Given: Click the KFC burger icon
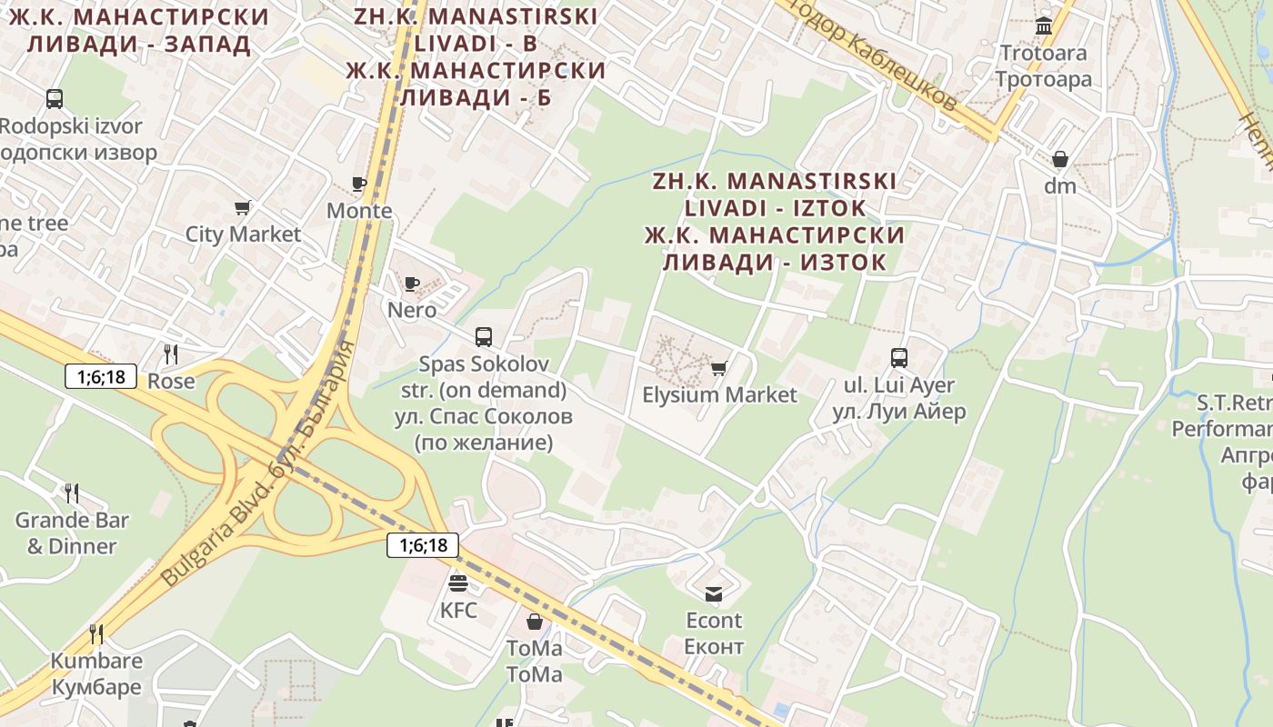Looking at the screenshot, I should pyautogui.click(x=458, y=583).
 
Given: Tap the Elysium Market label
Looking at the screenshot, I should pyautogui.click(x=719, y=395).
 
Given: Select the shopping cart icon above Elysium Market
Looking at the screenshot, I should pyautogui.click(x=719, y=368).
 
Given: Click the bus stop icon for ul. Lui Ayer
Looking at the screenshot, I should pyautogui.click(x=899, y=358).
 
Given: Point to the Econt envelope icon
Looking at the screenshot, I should pyautogui.click(x=714, y=594).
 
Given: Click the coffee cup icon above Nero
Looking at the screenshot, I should pyautogui.click(x=412, y=284).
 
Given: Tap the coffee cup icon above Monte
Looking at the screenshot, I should pyautogui.click(x=359, y=184).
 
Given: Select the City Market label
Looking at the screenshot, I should pyautogui.click(x=243, y=234).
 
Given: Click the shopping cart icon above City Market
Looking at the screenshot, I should pyautogui.click(x=243, y=208).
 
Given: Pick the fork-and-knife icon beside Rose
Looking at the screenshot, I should pyautogui.click(x=171, y=354).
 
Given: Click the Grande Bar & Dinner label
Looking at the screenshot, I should pyautogui.click(x=72, y=533).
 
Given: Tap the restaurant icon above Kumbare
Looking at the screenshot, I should pyautogui.click(x=95, y=633).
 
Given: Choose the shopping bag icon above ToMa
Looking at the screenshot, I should pyautogui.click(x=535, y=622).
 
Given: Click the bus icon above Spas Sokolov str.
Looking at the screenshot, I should pyautogui.click(x=484, y=337).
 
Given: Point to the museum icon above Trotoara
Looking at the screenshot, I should pyautogui.click(x=1044, y=25).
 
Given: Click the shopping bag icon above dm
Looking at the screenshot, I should pyautogui.click(x=1060, y=160).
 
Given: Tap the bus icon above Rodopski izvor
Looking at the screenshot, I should pyautogui.click(x=55, y=99).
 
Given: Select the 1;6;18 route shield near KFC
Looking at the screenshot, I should pyautogui.click(x=423, y=545).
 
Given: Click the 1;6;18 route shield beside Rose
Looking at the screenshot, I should pyautogui.click(x=101, y=376).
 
